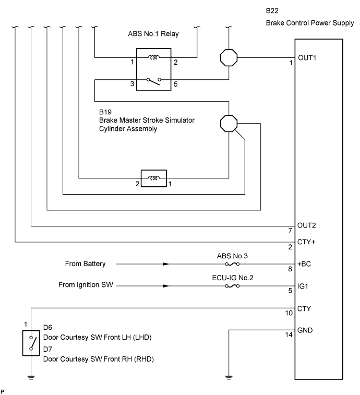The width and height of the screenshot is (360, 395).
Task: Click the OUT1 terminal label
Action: point(307,57)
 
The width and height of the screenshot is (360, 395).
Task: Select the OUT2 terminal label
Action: point(307,226)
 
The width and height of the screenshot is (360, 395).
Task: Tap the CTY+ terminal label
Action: point(307,242)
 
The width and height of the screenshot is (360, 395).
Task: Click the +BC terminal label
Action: point(304,264)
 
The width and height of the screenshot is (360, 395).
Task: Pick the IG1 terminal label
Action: point(303,286)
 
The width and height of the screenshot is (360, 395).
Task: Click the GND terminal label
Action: point(305,330)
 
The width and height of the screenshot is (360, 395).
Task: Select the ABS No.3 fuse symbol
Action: point(232,264)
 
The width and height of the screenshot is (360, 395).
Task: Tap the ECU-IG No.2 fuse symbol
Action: point(232,286)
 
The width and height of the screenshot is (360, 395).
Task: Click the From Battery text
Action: point(85,264)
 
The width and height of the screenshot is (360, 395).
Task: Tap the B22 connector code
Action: point(272,11)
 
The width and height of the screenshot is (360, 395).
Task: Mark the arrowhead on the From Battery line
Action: point(166,264)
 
